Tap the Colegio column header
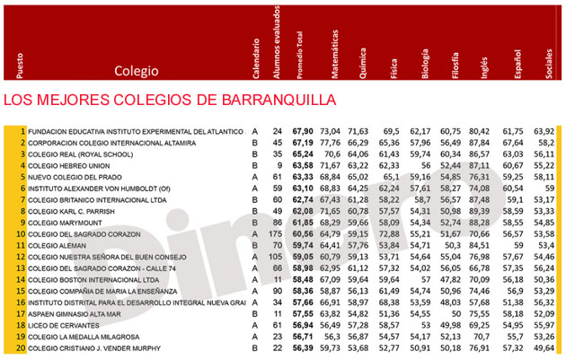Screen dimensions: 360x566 [136, 70]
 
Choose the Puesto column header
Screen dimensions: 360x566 [20, 63]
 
